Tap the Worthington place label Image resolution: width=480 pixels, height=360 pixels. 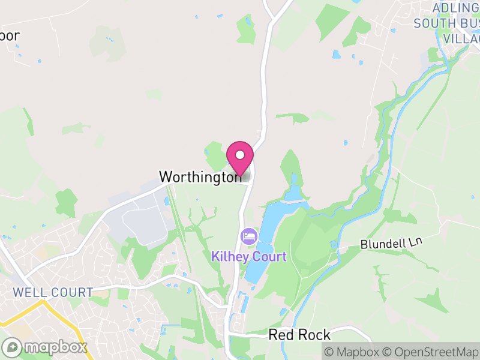[200, 177]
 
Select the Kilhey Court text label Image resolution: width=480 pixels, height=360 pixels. [249, 257]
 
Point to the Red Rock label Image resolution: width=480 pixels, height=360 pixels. [299, 335]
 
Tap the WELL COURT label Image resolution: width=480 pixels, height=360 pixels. [53, 293]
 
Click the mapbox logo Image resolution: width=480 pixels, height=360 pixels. [46, 347]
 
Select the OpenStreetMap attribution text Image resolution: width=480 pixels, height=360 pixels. [431, 352]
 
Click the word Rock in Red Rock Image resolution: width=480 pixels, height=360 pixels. [316, 335]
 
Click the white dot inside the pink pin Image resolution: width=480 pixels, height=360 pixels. [240, 155]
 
